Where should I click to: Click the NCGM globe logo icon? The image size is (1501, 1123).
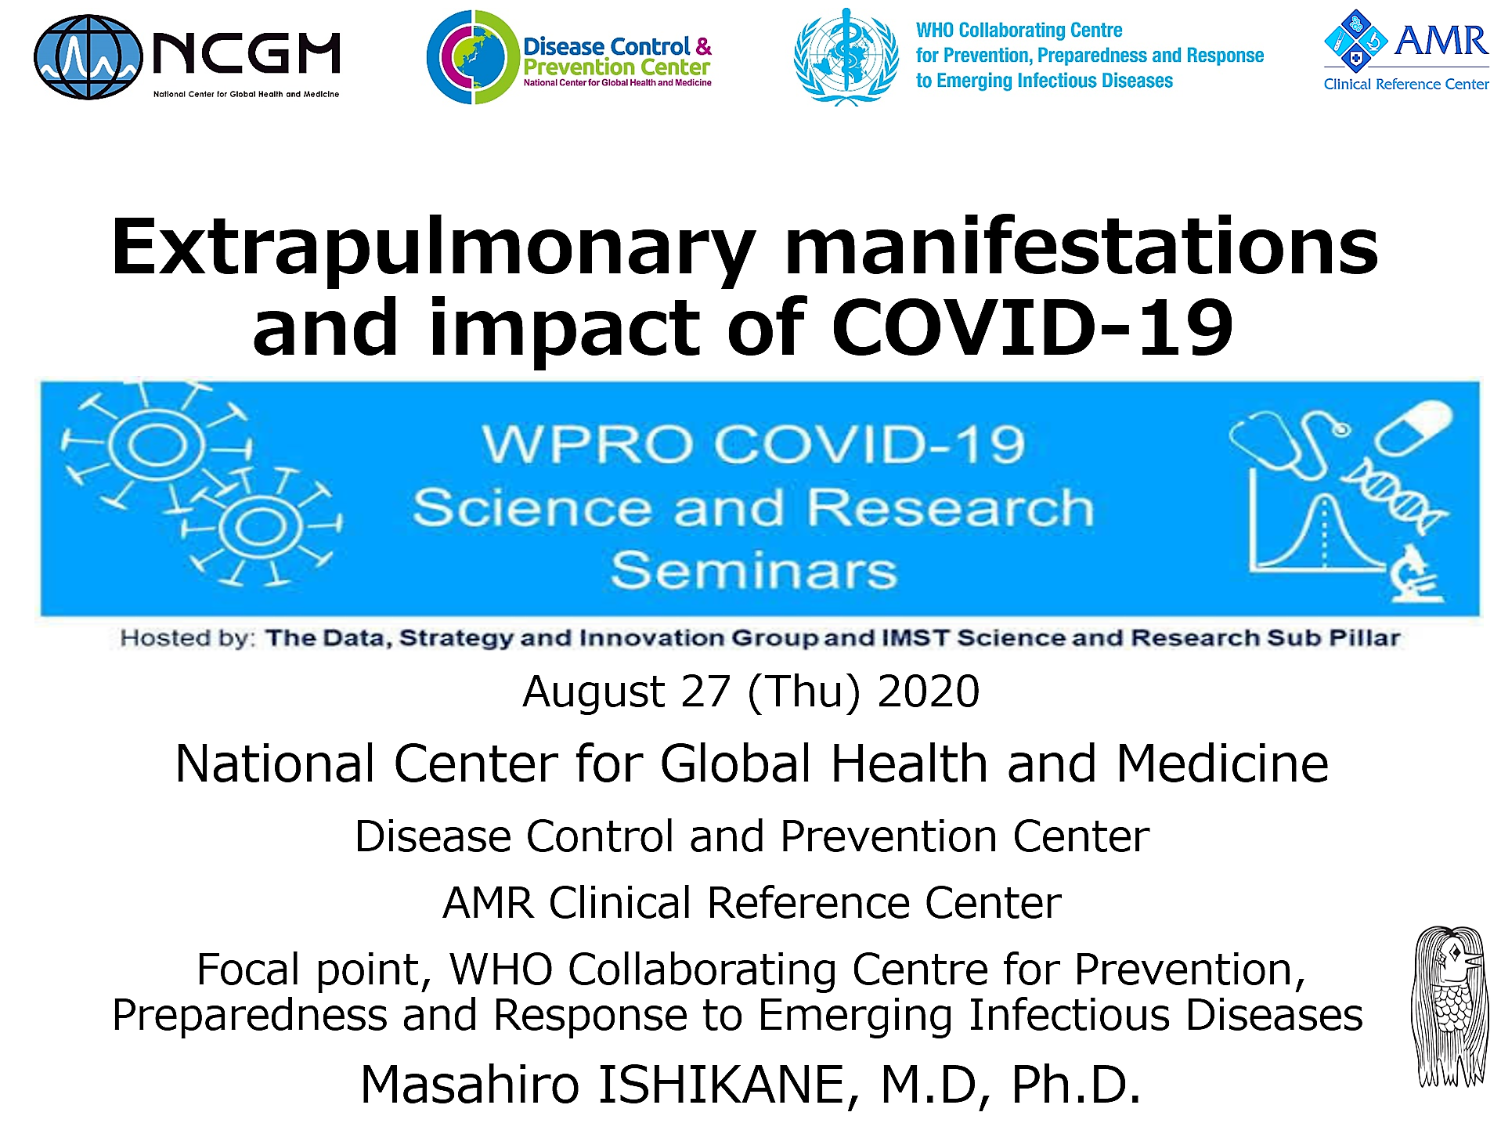pyautogui.click(x=88, y=57)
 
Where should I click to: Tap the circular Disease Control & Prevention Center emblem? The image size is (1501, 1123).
pyautogui.click(x=473, y=57)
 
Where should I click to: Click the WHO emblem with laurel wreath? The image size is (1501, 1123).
pyautogui.click(x=846, y=57)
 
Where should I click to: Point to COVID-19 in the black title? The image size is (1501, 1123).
pyautogui.click(x=1032, y=328)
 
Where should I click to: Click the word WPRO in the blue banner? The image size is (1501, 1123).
pyautogui.click(x=588, y=444)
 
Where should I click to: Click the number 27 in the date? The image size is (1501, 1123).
pyautogui.click(x=705, y=691)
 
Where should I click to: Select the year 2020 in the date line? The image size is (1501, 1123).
pyautogui.click(x=928, y=691)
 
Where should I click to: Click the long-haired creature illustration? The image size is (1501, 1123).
pyautogui.click(x=1450, y=1006)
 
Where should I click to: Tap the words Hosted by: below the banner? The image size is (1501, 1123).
pyautogui.click(x=188, y=638)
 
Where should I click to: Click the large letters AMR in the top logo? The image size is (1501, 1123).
pyautogui.click(x=1441, y=41)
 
